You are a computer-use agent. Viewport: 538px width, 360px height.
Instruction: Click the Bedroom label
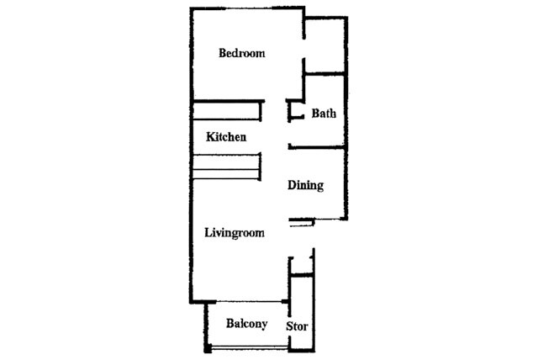coord(241,54)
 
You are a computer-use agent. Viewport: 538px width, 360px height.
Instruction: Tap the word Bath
coord(324,114)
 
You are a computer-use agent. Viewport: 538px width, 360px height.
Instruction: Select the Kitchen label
coord(226,136)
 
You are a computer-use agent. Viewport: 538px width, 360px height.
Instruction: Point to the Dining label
coord(305,186)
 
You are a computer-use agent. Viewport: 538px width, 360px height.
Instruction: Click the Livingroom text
coord(235,233)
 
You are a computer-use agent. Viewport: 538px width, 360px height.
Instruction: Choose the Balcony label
coord(247,324)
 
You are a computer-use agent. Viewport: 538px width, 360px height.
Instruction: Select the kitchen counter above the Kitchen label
coord(228,110)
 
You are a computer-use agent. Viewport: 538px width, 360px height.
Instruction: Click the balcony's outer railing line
coord(247,347)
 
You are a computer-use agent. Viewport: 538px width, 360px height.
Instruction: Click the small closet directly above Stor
coord(300,289)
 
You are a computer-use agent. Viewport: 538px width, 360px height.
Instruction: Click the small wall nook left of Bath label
coord(294,110)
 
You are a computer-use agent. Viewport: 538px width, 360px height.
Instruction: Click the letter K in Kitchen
coord(210,136)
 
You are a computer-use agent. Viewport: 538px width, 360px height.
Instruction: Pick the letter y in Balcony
coord(264,326)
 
